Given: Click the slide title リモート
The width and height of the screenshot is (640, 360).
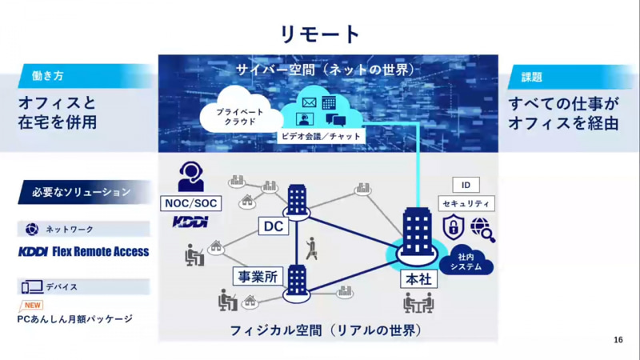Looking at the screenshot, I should click(x=320, y=34).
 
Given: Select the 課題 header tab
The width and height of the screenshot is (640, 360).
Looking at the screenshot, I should click(x=531, y=77).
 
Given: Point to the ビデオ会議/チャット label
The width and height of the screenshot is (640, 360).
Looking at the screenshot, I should click(x=321, y=137).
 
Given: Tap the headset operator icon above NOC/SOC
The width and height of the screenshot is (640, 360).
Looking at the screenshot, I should click(x=190, y=175).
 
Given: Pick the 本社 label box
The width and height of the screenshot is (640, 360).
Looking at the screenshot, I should click(x=416, y=281).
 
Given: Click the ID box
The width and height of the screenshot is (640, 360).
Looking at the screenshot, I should click(x=466, y=186).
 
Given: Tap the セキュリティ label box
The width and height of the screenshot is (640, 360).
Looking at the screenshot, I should click(x=467, y=204).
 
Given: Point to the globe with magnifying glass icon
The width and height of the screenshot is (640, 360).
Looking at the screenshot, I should click(x=483, y=229).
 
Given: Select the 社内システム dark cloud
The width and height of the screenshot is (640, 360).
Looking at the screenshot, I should click(x=470, y=262).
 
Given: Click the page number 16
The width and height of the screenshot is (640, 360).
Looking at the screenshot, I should click(x=618, y=340).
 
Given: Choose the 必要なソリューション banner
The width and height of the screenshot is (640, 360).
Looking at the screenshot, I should click(x=82, y=192).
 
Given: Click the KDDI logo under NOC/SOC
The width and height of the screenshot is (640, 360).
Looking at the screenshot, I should click(x=190, y=222).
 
